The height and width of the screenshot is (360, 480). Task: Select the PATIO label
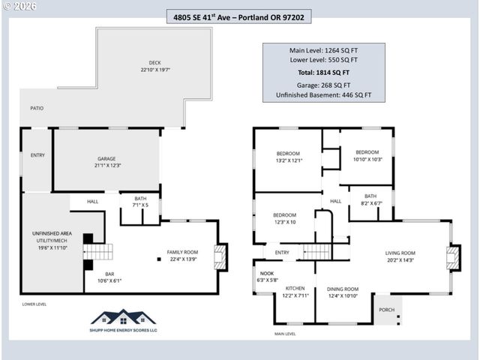click(x=37, y=108)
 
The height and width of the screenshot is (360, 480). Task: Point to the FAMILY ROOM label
click(x=182, y=256)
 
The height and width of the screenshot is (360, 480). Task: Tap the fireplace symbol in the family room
click(x=219, y=256)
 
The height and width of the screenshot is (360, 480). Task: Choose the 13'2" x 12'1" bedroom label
click(x=288, y=157)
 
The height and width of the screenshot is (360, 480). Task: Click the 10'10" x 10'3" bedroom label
click(x=367, y=155)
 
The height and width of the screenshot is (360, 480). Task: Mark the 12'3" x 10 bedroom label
click(x=284, y=218)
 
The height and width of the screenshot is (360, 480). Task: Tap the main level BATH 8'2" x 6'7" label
click(x=370, y=199)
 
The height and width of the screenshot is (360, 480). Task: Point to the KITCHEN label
click(x=294, y=291)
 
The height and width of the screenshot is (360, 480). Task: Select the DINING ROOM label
click(x=343, y=292)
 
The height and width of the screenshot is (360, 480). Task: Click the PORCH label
click(x=386, y=310)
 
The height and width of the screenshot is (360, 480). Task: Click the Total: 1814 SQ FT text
click(x=323, y=72)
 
